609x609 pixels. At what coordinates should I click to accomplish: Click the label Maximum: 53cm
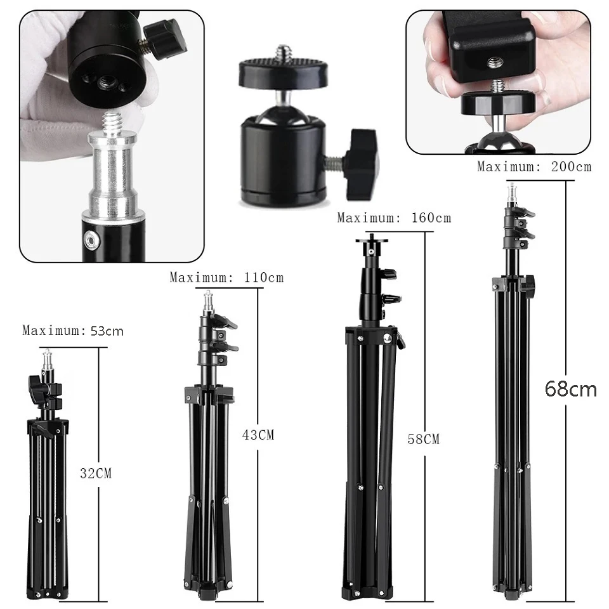[73, 331]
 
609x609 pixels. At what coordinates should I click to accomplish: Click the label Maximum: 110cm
[226, 277]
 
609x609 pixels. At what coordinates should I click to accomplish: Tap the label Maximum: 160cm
[394, 218]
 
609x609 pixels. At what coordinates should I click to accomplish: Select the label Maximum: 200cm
[534, 167]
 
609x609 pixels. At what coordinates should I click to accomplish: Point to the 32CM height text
[96, 473]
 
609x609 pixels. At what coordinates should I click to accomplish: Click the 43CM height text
[258, 435]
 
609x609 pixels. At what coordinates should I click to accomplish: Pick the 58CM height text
[423, 439]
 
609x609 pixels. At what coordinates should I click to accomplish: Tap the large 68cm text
[570, 388]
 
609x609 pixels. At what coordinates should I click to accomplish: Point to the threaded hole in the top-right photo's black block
[492, 62]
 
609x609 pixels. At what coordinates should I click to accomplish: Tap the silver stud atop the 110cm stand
[209, 301]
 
